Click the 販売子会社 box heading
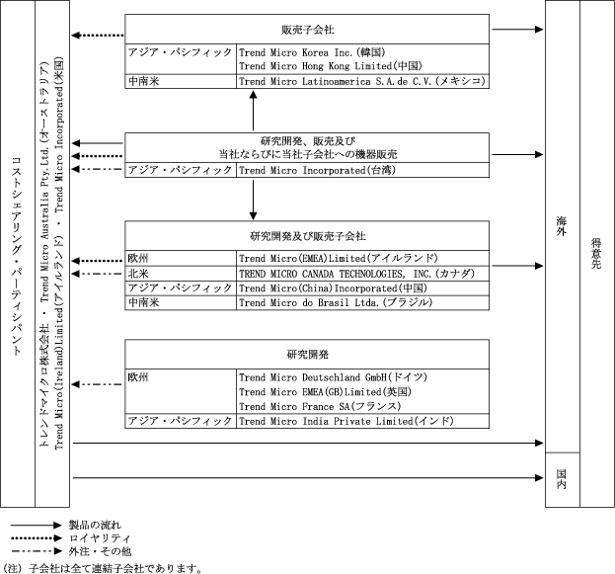(307, 30)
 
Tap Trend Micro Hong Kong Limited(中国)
(318, 65)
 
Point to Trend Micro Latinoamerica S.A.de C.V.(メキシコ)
(362, 81)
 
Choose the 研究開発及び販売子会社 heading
(307, 237)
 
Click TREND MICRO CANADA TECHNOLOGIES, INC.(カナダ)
(360, 274)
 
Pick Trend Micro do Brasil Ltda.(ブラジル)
(336, 302)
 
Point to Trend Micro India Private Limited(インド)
(346, 422)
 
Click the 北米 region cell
(138, 274)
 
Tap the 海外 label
(562, 235)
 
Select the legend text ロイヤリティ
(93, 537)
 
